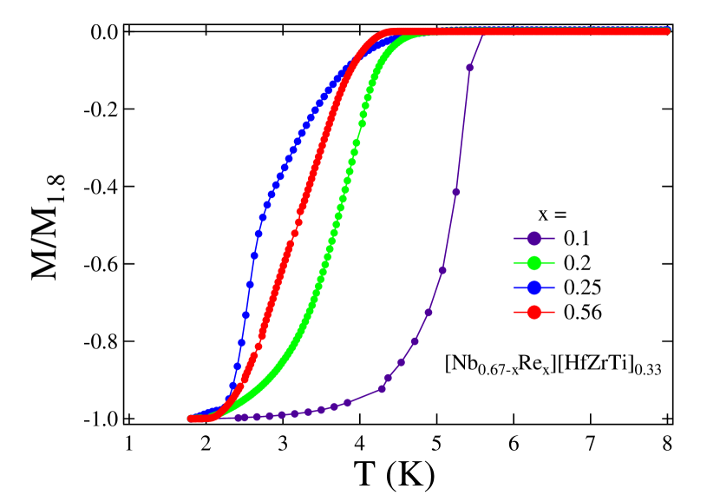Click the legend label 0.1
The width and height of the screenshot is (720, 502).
coord(576,238)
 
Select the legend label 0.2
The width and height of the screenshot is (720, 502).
coord(576,262)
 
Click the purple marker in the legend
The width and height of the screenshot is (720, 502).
coord(535,238)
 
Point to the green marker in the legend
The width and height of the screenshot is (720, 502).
coord(535,262)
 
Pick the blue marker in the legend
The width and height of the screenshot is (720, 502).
coord(535,287)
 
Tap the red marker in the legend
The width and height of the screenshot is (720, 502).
coord(535,311)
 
